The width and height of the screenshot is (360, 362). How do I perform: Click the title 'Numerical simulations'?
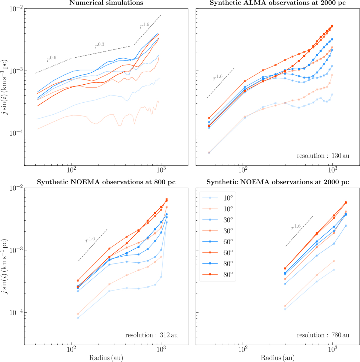click(106, 3)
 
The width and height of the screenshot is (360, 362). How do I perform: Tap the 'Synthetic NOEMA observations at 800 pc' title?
click(106, 182)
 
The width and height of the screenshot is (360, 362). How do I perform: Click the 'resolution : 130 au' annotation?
click(323, 156)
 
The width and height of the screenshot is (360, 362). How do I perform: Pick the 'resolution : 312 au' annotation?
click(151, 335)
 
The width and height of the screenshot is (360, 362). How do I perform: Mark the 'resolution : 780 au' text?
click(323, 335)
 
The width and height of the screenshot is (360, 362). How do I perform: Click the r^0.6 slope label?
click(52, 59)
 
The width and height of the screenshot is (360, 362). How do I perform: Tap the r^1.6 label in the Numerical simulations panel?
click(145, 26)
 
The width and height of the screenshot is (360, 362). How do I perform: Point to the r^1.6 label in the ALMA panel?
click(218, 77)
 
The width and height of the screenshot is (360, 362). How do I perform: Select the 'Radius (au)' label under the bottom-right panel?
click(277, 358)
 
